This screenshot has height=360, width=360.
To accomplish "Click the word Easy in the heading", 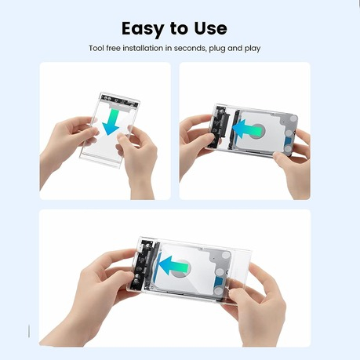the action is pos(143,29).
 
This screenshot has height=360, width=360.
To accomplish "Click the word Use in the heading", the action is pos(210,28).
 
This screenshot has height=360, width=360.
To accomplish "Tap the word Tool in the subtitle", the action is pos(96,49).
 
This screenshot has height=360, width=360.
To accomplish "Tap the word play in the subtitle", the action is pos(253,49).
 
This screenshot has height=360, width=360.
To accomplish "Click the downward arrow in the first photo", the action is pos(111,122).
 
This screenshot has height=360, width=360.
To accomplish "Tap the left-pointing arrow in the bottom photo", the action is pos(173,266).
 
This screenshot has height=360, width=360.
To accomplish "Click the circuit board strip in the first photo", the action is pos(119,100).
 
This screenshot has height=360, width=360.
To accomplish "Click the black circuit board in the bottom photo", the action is pos(143,264).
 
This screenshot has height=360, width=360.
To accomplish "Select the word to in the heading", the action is pos(179,29).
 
